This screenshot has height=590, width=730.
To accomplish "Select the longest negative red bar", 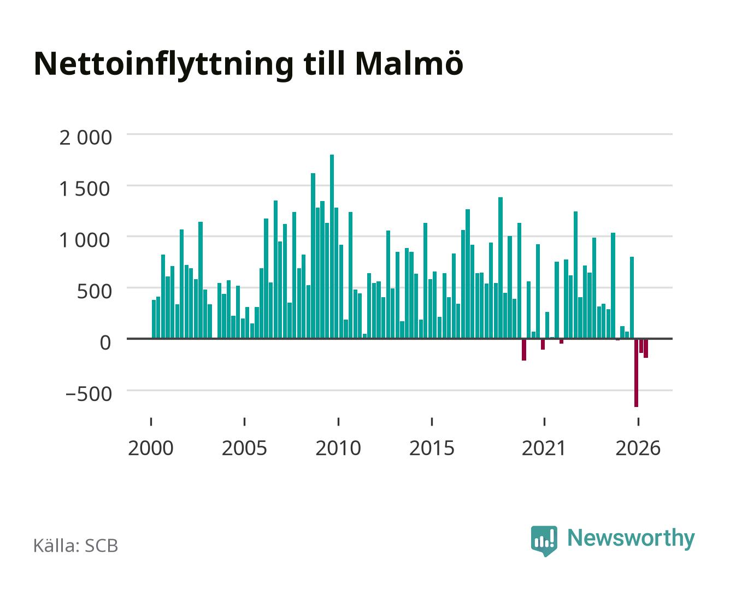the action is click(x=636, y=373).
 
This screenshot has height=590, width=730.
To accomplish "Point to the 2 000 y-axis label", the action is click(x=86, y=138).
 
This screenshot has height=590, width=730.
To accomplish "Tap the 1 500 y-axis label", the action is click(x=85, y=189).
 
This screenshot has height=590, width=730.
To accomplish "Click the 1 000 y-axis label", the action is click(x=85, y=240).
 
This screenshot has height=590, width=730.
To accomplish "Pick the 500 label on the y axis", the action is click(x=94, y=292).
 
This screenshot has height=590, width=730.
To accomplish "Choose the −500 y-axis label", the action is click(x=89, y=394).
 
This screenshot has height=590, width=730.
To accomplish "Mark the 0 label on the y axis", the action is click(x=105, y=343).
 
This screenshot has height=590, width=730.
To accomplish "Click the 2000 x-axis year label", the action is click(x=151, y=448).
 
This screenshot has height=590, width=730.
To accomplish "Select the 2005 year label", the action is click(x=244, y=448).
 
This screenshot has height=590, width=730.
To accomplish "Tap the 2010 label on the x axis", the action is click(x=338, y=448).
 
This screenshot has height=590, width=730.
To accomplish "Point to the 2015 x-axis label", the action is click(x=432, y=448).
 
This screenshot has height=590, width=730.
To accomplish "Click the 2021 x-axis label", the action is click(x=544, y=448).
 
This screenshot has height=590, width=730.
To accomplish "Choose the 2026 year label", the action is click(x=638, y=448).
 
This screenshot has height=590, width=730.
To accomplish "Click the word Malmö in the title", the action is click(x=409, y=64).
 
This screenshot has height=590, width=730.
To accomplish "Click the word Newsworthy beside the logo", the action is click(x=631, y=539).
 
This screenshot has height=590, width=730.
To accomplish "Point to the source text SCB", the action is click(x=101, y=546).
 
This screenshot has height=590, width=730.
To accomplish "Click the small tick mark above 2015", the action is click(x=432, y=422).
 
